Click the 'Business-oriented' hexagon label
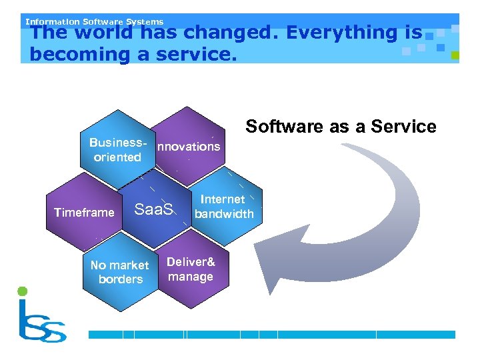pyautogui.click(x=117, y=151)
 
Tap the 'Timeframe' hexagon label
pyautogui.click(x=84, y=213)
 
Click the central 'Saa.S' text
pyautogui.click(x=154, y=210)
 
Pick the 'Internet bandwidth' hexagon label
pyautogui.click(x=223, y=207)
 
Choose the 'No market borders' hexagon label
pyautogui.click(x=120, y=272)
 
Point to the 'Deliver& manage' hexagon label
pyautogui.click(x=191, y=269)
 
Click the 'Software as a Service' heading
pyautogui.click(x=341, y=127)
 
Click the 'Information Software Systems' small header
pyautogui.click(x=94, y=21)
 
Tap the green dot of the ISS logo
pyautogui.click(x=22, y=291)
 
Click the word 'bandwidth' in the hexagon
pyautogui.click(x=224, y=214)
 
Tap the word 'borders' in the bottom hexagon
pyautogui.click(x=121, y=279)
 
